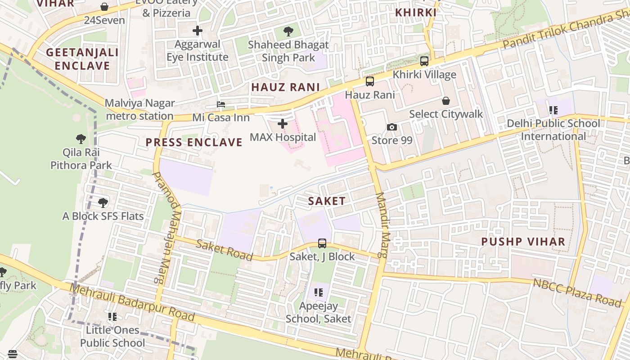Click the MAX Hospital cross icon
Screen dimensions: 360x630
pos(283,124)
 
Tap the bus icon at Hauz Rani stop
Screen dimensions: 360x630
pos(369,81)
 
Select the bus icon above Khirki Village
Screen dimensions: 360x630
pos(424,61)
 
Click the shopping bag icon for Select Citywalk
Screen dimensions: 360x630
pos(445,101)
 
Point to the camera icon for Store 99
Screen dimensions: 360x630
pos(392,127)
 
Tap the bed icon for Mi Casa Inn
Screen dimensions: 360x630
pos(220,104)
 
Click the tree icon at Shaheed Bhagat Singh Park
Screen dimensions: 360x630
pos(288,31)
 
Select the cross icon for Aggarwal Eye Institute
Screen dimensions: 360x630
pos(197,31)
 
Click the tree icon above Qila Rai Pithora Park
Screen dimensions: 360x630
pos(81,139)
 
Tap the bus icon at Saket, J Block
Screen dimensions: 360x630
pos(322,243)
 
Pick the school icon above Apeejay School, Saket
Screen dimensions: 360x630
pos(319,292)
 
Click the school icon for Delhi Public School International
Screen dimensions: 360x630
pos(553,110)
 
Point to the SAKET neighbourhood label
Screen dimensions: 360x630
pos(327,201)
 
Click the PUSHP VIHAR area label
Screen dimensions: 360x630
pos(523,242)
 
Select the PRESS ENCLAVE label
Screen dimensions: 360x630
pos(194,143)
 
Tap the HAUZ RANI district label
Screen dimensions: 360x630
pos(285,87)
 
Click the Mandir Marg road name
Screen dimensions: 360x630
pos(382,225)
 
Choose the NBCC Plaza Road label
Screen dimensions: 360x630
pos(577,292)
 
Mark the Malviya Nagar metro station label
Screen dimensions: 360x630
pos(139,109)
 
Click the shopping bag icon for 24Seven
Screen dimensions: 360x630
pos(104,7)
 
